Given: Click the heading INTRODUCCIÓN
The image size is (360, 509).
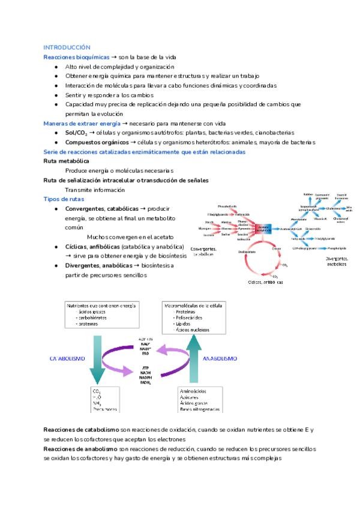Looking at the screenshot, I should [x=67, y=47].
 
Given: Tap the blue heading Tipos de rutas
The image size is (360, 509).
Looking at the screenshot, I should [x=64, y=199].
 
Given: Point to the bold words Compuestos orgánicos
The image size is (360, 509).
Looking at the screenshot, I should [x=97, y=142].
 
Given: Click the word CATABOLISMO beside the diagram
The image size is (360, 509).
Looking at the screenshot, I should [x=67, y=358].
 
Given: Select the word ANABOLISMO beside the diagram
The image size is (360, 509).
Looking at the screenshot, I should [x=219, y=358].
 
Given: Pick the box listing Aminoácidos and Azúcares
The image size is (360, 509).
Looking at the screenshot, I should [x=199, y=400].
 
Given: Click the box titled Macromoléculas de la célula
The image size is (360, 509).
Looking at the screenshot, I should [x=193, y=318].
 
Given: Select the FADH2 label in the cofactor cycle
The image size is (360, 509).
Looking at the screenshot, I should [x=145, y=382].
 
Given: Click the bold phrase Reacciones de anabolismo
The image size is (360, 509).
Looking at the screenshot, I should [x=81, y=449].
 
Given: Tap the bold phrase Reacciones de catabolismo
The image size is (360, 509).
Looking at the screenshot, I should [x=81, y=430].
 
